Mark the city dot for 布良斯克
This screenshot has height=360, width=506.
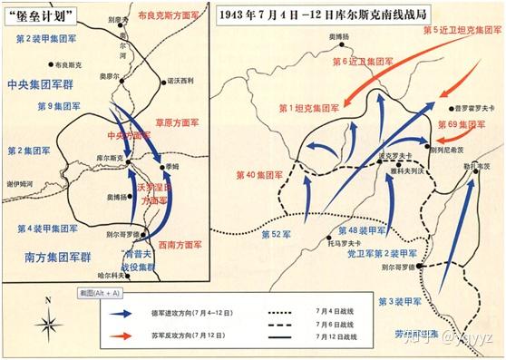coord(49,63)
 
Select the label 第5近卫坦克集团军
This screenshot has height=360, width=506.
coord(463,29)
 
